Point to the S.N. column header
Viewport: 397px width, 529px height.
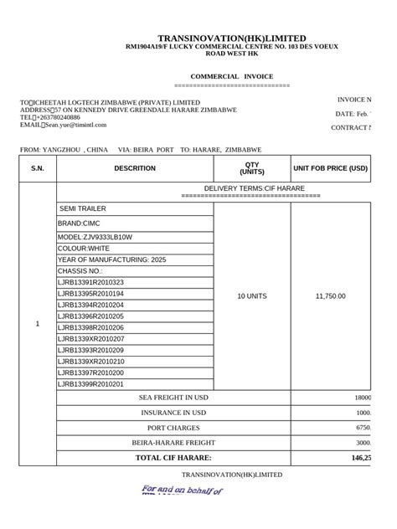coord(37,168)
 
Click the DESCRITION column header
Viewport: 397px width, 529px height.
coord(135,168)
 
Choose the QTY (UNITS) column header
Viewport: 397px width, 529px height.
coord(251,168)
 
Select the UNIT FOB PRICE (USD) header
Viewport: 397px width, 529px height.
coord(330,168)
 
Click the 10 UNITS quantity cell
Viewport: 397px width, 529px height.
coord(251,296)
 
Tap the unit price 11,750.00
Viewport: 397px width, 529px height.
coord(330,296)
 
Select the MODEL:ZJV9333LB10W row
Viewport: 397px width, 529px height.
coord(95,238)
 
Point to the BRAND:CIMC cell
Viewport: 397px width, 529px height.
coord(81,224)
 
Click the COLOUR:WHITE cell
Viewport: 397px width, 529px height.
coord(84,249)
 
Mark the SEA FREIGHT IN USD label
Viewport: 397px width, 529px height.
coord(173,398)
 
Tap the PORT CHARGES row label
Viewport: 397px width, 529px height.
coord(173,428)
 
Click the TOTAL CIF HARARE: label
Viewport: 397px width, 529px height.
coord(173,458)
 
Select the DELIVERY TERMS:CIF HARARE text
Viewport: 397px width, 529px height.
coord(255,189)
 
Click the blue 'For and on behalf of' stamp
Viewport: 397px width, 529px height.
coord(182,490)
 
